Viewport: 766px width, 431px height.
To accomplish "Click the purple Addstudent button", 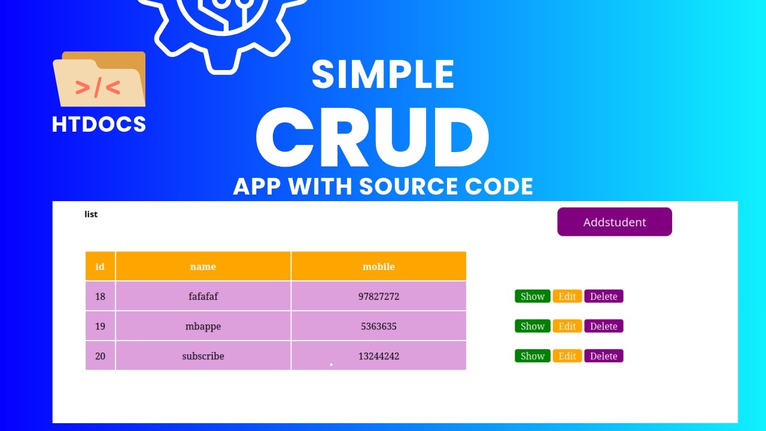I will tap(614, 222).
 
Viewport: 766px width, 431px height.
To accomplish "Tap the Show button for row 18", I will tap(532, 296).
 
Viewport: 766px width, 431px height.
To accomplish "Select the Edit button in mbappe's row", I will tap(567, 326).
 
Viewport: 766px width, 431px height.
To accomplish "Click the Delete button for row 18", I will tap(603, 296).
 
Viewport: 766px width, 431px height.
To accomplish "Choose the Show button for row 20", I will tap(532, 356).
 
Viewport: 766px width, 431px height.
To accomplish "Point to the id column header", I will tap(100, 266).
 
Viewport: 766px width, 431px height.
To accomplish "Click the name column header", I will tap(203, 266).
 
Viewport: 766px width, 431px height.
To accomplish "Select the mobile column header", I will tap(378, 266).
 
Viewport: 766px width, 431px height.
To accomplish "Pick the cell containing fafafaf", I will tap(203, 296).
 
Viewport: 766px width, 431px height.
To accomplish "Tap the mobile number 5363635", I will tap(378, 326).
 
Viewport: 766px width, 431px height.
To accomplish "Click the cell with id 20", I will tap(100, 356).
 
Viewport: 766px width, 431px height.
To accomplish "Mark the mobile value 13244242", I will tap(378, 356).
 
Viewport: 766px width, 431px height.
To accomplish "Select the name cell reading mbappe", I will tap(203, 326).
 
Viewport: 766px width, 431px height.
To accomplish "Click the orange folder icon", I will tap(99, 80).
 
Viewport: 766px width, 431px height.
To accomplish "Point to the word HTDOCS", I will tap(99, 125).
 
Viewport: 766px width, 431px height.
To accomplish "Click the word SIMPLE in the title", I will tap(382, 75).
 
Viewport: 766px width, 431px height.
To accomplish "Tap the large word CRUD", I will tap(372, 139).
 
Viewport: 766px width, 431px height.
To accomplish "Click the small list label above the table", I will tap(91, 214).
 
